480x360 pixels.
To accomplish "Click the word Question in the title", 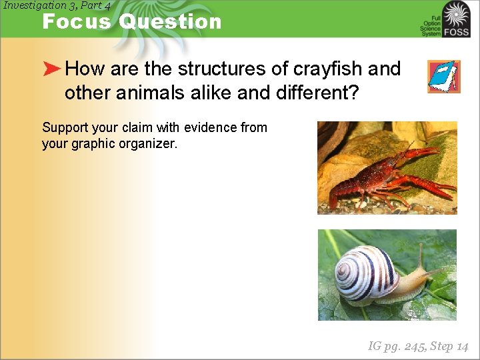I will pyautogui.click(x=170, y=21).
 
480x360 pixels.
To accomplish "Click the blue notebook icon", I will pyautogui.click(x=443, y=76).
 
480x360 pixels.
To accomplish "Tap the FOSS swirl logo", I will pyautogui.click(x=456, y=15).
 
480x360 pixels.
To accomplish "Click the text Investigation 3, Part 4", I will pyautogui.click(x=57, y=5).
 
